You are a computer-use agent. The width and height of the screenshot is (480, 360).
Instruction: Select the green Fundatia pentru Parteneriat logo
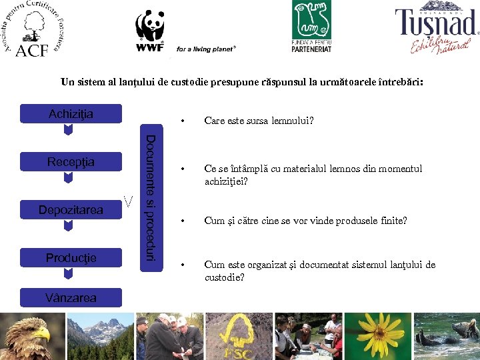311,27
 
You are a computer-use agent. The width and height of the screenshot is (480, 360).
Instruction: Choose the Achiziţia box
71,114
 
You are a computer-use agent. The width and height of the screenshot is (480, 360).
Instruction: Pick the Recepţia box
71,162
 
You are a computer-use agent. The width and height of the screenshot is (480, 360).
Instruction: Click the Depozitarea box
71,210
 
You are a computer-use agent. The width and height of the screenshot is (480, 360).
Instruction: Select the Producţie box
71,258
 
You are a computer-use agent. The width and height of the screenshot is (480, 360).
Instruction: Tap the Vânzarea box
71,297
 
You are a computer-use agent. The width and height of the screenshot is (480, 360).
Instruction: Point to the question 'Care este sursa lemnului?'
259,121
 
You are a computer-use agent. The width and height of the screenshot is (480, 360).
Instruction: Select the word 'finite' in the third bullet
394,221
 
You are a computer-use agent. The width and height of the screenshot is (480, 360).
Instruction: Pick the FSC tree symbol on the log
237,337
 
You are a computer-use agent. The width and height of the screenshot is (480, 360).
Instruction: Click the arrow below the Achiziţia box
67,130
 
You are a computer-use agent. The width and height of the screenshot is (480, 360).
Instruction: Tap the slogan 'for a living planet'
207,49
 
